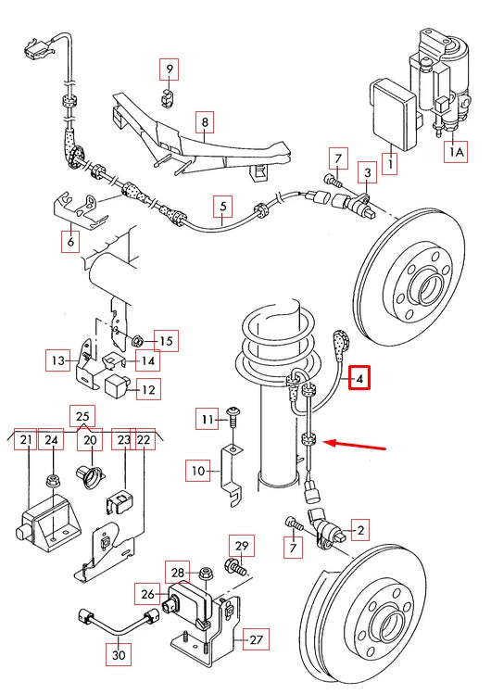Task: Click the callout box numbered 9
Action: [x=169, y=69]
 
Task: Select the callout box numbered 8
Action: [x=205, y=120]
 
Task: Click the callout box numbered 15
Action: [x=165, y=341]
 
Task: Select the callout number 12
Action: [x=149, y=389]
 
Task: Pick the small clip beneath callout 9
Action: [x=170, y=95]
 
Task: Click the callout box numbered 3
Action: [x=367, y=172]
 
